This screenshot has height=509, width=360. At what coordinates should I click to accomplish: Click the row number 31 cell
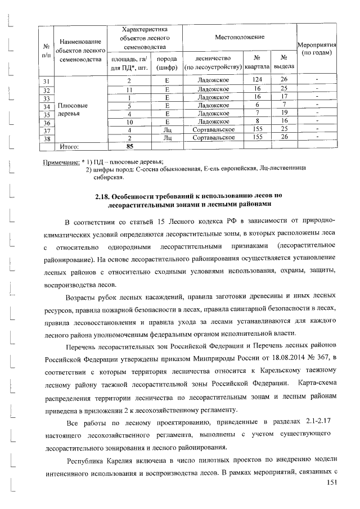click(x=47, y=80)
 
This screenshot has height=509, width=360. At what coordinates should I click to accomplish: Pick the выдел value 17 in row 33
click(x=285, y=97)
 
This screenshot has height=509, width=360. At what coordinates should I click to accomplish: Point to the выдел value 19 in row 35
click(x=285, y=113)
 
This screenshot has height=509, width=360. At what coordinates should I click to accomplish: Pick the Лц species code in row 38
click(x=166, y=137)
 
